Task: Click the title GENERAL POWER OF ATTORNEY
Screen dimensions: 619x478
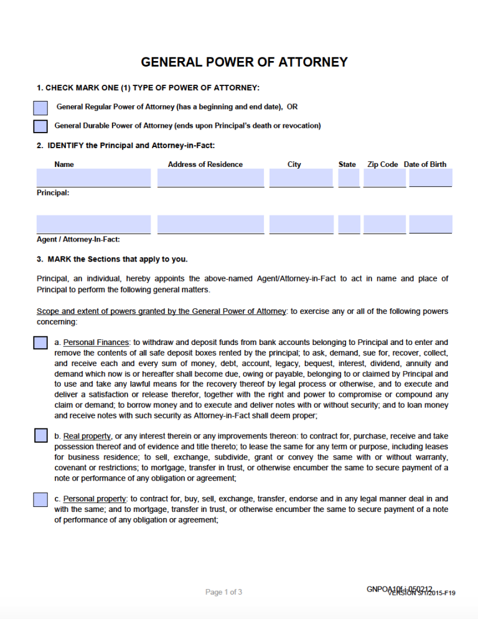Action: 244,62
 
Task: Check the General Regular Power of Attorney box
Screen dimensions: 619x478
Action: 40,108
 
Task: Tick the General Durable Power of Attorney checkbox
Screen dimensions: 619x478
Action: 40,126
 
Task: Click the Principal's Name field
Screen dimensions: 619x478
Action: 93,177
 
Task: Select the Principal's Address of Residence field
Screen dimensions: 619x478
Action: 210,177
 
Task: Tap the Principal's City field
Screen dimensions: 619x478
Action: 301,177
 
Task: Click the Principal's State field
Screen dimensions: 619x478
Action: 349,177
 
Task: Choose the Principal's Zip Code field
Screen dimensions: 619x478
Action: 385,177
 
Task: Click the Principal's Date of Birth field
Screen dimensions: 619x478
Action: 431,177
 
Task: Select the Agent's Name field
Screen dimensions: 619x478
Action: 93,224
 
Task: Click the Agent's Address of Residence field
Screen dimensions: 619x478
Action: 210,224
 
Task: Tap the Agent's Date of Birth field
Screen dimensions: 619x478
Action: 431,224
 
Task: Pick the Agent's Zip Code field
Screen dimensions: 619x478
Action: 385,224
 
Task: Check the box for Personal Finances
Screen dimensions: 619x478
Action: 40,343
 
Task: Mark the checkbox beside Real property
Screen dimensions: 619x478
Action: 40,435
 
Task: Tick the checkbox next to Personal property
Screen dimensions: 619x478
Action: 40,499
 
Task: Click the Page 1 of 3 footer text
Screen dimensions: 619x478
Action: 223,592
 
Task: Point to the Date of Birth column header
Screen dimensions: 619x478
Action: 425,164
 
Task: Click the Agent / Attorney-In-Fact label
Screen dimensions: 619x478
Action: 78,240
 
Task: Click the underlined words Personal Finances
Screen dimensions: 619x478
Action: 96,343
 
